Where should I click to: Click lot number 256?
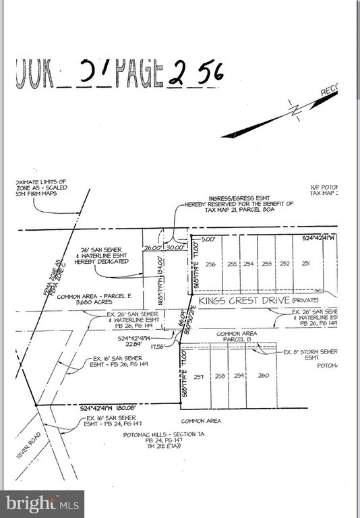click(x=211, y=264)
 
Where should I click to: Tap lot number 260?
click(x=263, y=376)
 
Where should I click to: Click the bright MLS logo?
click(x=42, y=503)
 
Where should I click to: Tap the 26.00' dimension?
click(x=153, y=247)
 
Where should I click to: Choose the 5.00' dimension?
click(x=206, y=238)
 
